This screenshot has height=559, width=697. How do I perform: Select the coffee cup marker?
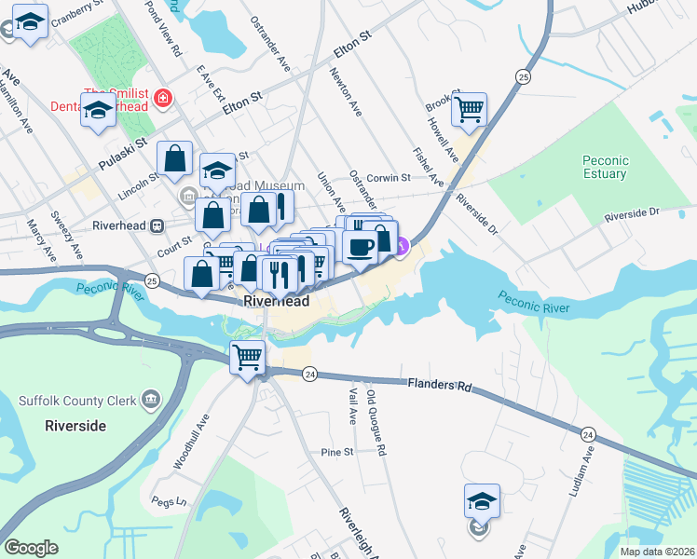(361, 246)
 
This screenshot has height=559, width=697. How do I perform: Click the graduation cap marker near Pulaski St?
(97, 112)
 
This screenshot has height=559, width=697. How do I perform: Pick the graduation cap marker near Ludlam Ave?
(482, 501)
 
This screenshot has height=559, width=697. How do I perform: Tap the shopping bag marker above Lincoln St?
(174, 159)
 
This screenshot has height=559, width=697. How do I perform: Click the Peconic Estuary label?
(605, 167)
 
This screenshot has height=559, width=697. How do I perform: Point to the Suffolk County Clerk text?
(75, 402)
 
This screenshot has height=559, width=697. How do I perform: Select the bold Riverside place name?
(75, 426)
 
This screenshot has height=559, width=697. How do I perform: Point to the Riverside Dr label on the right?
(631, 213)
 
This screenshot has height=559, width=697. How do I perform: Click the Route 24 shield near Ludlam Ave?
(588, 434)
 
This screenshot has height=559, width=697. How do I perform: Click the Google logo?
(31, 548)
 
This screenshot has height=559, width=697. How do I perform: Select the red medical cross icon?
(163, 97)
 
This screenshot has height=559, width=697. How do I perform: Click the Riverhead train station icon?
(157, 225)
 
